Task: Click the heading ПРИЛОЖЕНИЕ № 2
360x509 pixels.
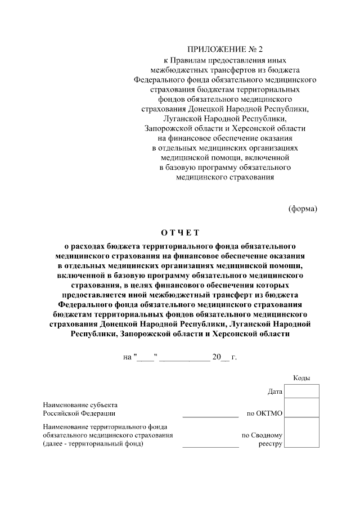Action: pyautogui.click(x=225, y=50)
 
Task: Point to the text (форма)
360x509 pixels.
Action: pyautogui.click(x=303, y=209)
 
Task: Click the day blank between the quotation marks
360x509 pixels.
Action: pyautogui.click(x=145, y=357)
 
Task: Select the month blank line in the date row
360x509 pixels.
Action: pyautogui.click(x=184, y=357)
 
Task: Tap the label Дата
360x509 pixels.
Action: pyautogui.click(x=275, y=391)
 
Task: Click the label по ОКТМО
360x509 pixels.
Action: pyautogui.click(x=265, y=413)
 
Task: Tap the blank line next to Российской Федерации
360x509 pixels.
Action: pyautogui.click(x=210, y=415)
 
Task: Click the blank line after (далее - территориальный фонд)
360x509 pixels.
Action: pyautogui.click(x=210, y=445)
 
